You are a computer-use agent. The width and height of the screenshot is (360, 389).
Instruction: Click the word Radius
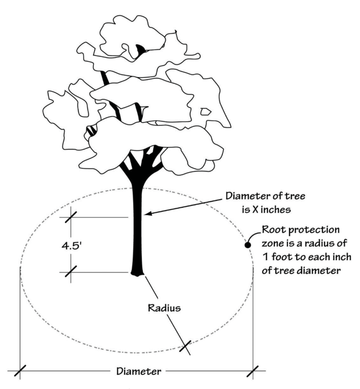165,309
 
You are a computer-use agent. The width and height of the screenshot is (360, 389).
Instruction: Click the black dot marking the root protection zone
247,245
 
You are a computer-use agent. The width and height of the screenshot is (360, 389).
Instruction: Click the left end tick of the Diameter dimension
20,371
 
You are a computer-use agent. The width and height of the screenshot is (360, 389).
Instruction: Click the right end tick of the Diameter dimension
253,371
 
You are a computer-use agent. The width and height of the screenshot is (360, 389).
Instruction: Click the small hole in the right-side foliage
205,111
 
